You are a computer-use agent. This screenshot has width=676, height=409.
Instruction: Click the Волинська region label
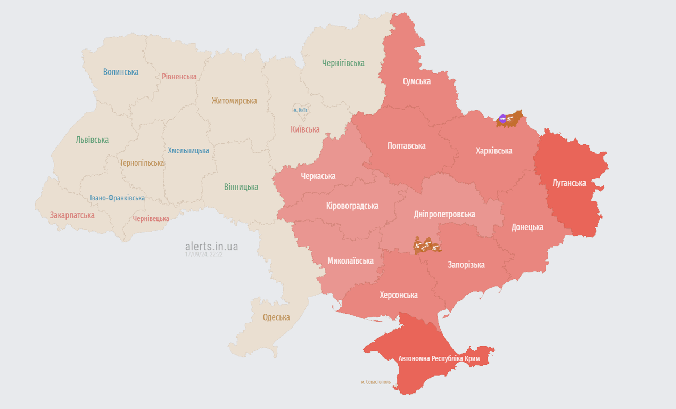click(x=121, y=72)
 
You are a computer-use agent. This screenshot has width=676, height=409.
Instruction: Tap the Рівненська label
click(x=179, y=77)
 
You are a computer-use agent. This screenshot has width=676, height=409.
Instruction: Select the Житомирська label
click(x=234, y=101)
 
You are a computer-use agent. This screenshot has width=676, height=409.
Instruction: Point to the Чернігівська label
click(x=343, y=63)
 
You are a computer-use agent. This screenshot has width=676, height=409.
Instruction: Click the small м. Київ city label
click(x=301, y=110)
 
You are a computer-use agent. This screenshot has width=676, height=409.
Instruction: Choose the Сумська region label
click(x=417, y=81)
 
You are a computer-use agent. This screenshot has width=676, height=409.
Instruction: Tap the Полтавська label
click(x=407, y=145)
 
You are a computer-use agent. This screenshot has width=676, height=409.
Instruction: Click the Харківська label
click(x=494, y=151)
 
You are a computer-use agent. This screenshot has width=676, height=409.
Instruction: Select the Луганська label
click(x=569, y=183)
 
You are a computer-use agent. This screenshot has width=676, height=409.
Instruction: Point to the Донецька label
click(x=527, y=227)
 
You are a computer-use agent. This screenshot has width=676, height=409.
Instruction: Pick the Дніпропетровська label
click(x=444, y=214)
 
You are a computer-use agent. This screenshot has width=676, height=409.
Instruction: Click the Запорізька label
click(x=466, y=265)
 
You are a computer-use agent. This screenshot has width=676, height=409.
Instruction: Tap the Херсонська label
click(x=399, y=295)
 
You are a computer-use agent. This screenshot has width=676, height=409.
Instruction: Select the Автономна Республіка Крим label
click(x=439, y=358)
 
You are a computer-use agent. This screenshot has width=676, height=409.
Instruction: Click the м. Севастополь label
click(x=376, y=382)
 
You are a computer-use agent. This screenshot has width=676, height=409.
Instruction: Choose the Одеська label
click(x=276, y=317)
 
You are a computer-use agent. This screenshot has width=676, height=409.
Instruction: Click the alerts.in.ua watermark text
click(x=211, y=246)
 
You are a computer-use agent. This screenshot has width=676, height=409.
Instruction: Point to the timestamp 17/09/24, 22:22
click(x=204, y=255)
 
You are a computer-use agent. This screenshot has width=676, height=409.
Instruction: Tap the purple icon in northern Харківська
click(x=502, y=119)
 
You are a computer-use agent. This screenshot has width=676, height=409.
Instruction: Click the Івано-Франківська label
click(x=117, y=198)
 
